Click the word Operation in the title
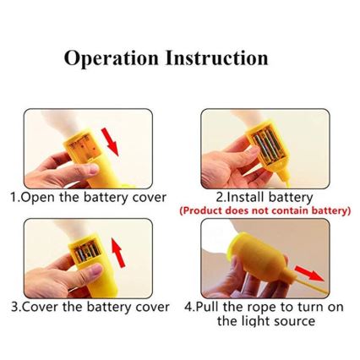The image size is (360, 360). [x=111, y=58]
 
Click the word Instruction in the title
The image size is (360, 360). [x=216, y=57]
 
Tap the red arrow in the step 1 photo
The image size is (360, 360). [x=110, y=142]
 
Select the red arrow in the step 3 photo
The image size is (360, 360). [x=118, y=253]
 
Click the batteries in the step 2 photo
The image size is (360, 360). [x=267, y=146]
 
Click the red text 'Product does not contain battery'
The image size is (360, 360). [x=265, y=210]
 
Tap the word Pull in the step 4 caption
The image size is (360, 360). [x=207, y=307]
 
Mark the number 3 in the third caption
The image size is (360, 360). [x=14, y=307]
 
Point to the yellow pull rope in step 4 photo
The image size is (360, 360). [x=309, y=285]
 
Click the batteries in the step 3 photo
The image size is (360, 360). [x=88, y=250]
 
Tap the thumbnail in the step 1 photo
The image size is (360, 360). [x=92, y=169]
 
